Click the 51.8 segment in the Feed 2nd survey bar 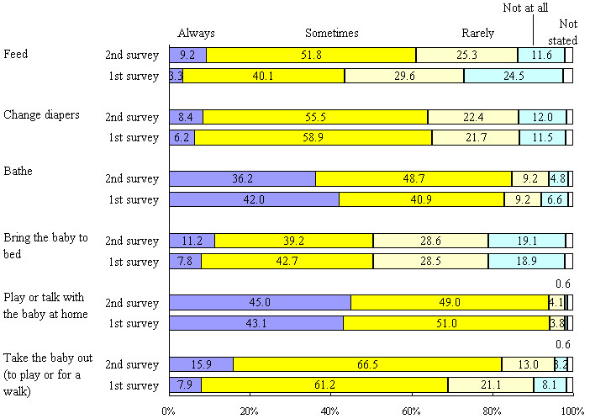[x=311, y=56]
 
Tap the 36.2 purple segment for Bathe [x=243, y=178]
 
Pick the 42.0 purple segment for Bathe [x=254, y=199]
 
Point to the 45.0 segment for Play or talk [x=261, y=302]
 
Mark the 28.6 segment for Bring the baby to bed [x=430, y=241]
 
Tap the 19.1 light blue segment [x=526, y=241]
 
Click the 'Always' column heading [x=197, y=34]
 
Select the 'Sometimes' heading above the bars [x=332, y=34]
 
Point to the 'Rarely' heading [x=478, y=34]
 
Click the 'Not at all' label [x=527, y=8]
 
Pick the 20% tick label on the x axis [x=250, y=411]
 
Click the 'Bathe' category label [x=19, y=171]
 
